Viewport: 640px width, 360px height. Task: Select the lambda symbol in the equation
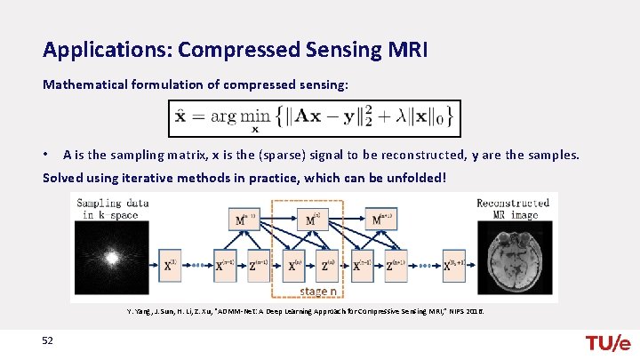399,116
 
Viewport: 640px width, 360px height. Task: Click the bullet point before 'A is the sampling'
47,155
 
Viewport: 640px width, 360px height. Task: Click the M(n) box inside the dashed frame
311,220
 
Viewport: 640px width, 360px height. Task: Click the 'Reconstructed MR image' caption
513,208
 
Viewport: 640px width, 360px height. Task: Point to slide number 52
46,342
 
